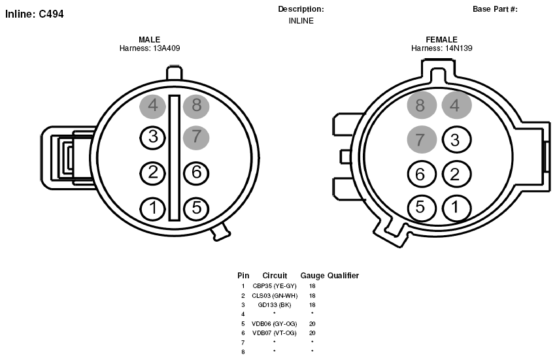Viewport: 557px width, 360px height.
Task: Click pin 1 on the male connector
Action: click(153, 208)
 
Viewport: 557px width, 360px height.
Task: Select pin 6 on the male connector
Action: click(196, 173)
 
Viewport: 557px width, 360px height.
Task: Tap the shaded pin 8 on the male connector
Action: click(196, 106)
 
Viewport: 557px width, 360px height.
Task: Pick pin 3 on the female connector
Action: click(456, 140)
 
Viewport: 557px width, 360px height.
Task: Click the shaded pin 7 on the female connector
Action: click(422, 140)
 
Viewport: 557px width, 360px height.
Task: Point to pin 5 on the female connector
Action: click(422, 208)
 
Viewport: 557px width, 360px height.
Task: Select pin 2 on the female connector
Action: click(456, 174)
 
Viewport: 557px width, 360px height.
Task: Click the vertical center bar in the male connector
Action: click(175, 157)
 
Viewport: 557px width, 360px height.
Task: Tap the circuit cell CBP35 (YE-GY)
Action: click(274, 286)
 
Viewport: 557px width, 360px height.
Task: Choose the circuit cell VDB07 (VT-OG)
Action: click(274, 333)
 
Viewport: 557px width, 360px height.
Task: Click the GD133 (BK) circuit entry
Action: click(274, 304)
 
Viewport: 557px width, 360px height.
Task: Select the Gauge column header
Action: click(312, 276)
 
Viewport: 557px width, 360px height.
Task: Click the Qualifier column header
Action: click(343, 276)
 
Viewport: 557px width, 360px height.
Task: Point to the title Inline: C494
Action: click(35, 14)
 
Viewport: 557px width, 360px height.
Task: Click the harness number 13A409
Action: click(166, 48)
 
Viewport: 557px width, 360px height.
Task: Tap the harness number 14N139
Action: click(458, 48)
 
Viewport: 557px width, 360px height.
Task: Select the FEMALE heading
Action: click(441, 39)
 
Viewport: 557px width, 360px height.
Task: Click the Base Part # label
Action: click(495, 9)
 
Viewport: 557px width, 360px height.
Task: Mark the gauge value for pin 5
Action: click(312, 324)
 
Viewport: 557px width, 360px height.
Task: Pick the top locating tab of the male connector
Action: click(174, 73)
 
